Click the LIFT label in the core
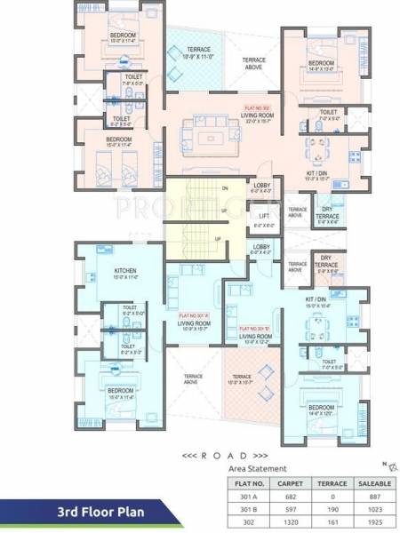point(264,216)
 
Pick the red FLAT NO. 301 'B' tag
point(255,329)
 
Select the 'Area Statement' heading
point(258,467)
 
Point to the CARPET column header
point(289,483)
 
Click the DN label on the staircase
point(225,189)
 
